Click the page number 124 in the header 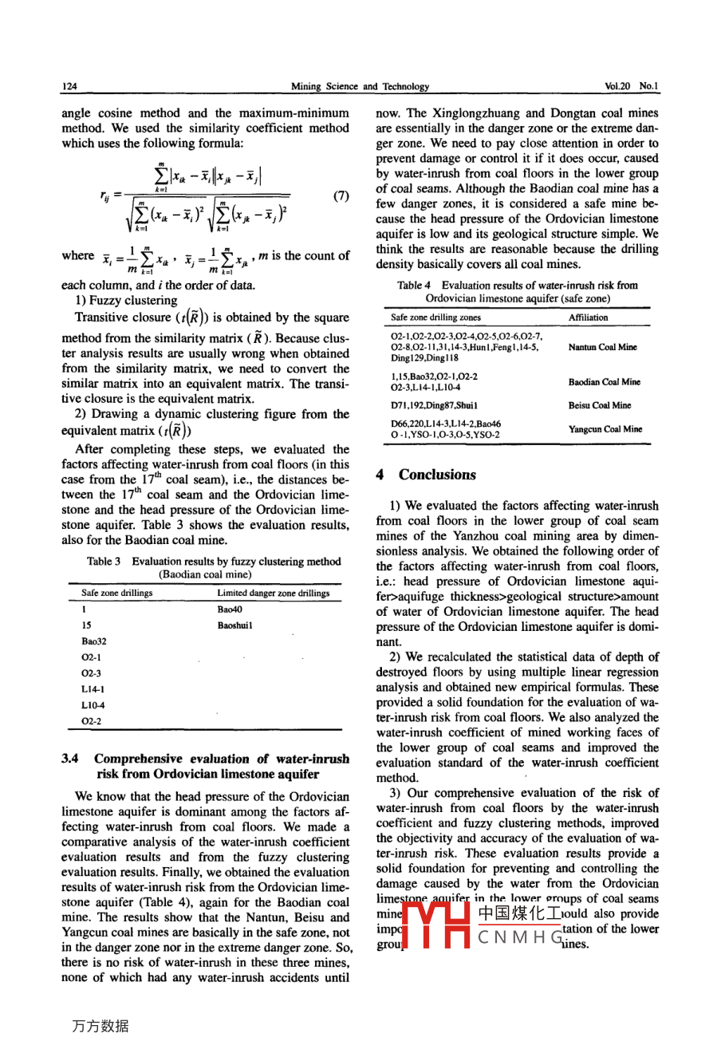point(69,86)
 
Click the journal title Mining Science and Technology point(360,86)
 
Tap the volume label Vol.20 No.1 point(632,86)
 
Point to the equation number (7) point(341,195)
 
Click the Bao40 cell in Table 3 point(229,609)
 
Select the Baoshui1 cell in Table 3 point(234,625)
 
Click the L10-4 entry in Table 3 point(93,705)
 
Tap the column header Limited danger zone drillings point(273,594)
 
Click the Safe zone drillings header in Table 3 point(116,594)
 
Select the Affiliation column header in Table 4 point(588,317)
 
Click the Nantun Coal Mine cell point(602,347)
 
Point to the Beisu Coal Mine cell point(599,405)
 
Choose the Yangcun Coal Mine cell point(605,429)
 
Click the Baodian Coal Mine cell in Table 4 point(604,382)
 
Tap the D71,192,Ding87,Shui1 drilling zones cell point(434,405)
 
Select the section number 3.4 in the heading point(69,759)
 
